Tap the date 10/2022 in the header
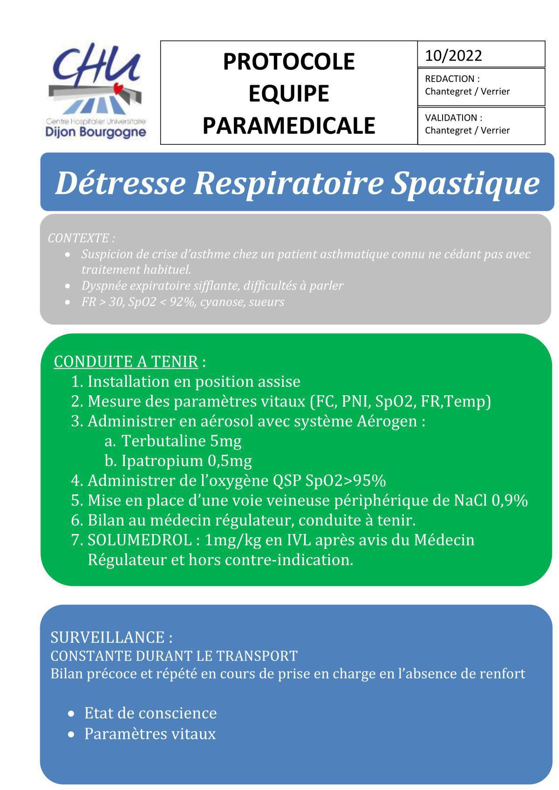[453, 56]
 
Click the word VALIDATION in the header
[450, 118]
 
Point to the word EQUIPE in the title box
[289, 94]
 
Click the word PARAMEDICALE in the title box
[289, 126]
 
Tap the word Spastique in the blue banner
[464, 183]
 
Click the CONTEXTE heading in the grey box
[79, 238]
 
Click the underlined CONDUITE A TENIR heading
[126, 362]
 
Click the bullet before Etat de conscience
[71, 714]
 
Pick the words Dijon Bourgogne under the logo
[95, 132]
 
